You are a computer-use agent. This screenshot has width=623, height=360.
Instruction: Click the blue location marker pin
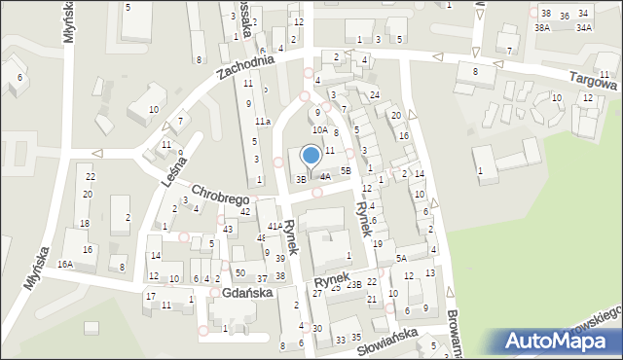click(311, 155)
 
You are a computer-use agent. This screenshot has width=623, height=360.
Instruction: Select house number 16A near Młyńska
click(65, 264)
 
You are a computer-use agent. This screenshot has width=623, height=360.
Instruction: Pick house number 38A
click(542, 28)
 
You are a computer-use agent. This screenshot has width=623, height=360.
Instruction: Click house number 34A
click(583, 28)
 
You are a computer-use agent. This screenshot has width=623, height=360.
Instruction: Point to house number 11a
click(263, 121)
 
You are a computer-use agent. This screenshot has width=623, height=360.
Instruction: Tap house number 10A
click(319, 129)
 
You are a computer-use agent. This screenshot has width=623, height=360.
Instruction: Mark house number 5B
click(345, 170)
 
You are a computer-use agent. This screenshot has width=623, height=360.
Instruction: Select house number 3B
click(302, 179)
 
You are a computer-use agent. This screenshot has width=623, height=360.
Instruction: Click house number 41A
click(275, 226)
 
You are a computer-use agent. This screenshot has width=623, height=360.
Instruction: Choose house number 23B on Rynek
click(353, 284)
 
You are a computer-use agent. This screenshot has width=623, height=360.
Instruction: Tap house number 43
click(228, 229)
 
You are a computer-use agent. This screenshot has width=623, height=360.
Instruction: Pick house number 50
click(239, 273)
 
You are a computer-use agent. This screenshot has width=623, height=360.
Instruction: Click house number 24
click(374, 94)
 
